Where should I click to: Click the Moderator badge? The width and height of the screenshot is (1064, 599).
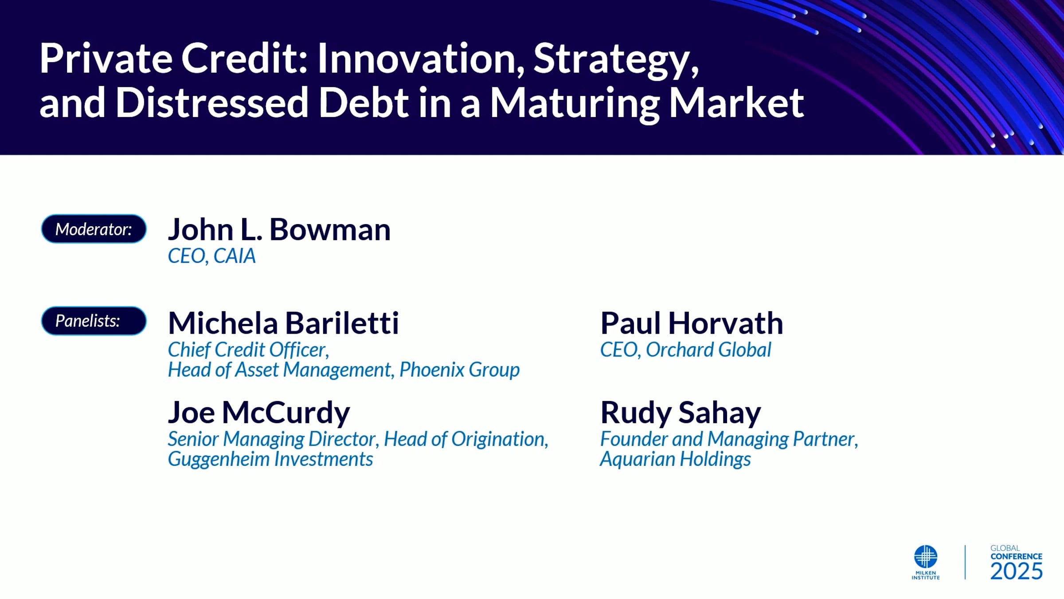tap(94, 229)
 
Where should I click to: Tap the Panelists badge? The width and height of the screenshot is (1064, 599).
tap(94, 321)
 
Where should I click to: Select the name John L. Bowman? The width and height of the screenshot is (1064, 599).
tap(279, 230)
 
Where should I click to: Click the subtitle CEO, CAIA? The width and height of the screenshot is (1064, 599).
tap(212, 256)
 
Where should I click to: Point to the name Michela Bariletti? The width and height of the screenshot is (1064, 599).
tap(284, 323)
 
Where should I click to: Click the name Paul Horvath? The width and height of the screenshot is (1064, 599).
tap(692, 323)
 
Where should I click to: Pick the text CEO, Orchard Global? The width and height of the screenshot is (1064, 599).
tap(686, 350)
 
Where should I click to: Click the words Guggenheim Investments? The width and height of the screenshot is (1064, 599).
tap(270, 459)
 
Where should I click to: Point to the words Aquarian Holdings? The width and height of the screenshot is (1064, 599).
tap(676, 459)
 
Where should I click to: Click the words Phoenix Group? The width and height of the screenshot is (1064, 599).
tap(460, 370)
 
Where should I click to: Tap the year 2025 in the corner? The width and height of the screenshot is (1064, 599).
tap(1017, 571)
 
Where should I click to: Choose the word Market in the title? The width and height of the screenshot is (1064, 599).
tap(736, 103)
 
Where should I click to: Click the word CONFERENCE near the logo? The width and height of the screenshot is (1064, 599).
tap(1017, 556)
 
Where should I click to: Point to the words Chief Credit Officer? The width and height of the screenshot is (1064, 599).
tap(248, 350)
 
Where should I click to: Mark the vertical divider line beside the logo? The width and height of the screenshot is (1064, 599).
tap(965, 562)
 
